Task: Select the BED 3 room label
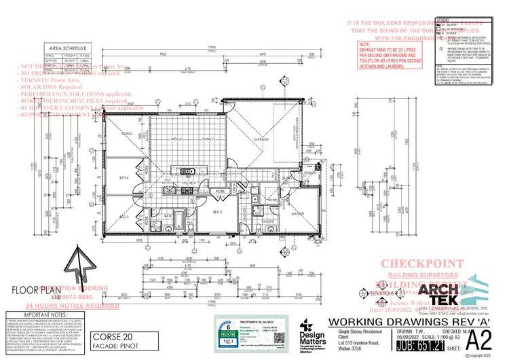tap(124, 217)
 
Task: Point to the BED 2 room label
tap(219, 212)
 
